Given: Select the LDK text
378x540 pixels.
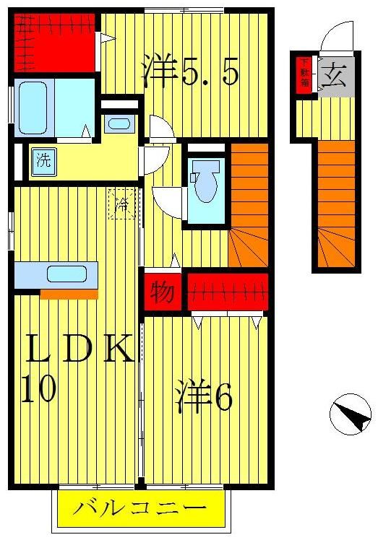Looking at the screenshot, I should tap(79, 351).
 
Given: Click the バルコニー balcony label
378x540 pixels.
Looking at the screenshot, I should tap(139, 509).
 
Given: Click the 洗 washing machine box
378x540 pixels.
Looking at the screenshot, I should tap(43, 160).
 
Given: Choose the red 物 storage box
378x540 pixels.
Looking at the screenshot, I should tap(163, 292).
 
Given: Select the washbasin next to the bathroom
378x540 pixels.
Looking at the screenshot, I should tap(118, 122).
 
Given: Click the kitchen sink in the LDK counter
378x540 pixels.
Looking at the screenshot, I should tap(67, 274).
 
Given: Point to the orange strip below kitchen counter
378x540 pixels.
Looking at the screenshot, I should tap(69, 294).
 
